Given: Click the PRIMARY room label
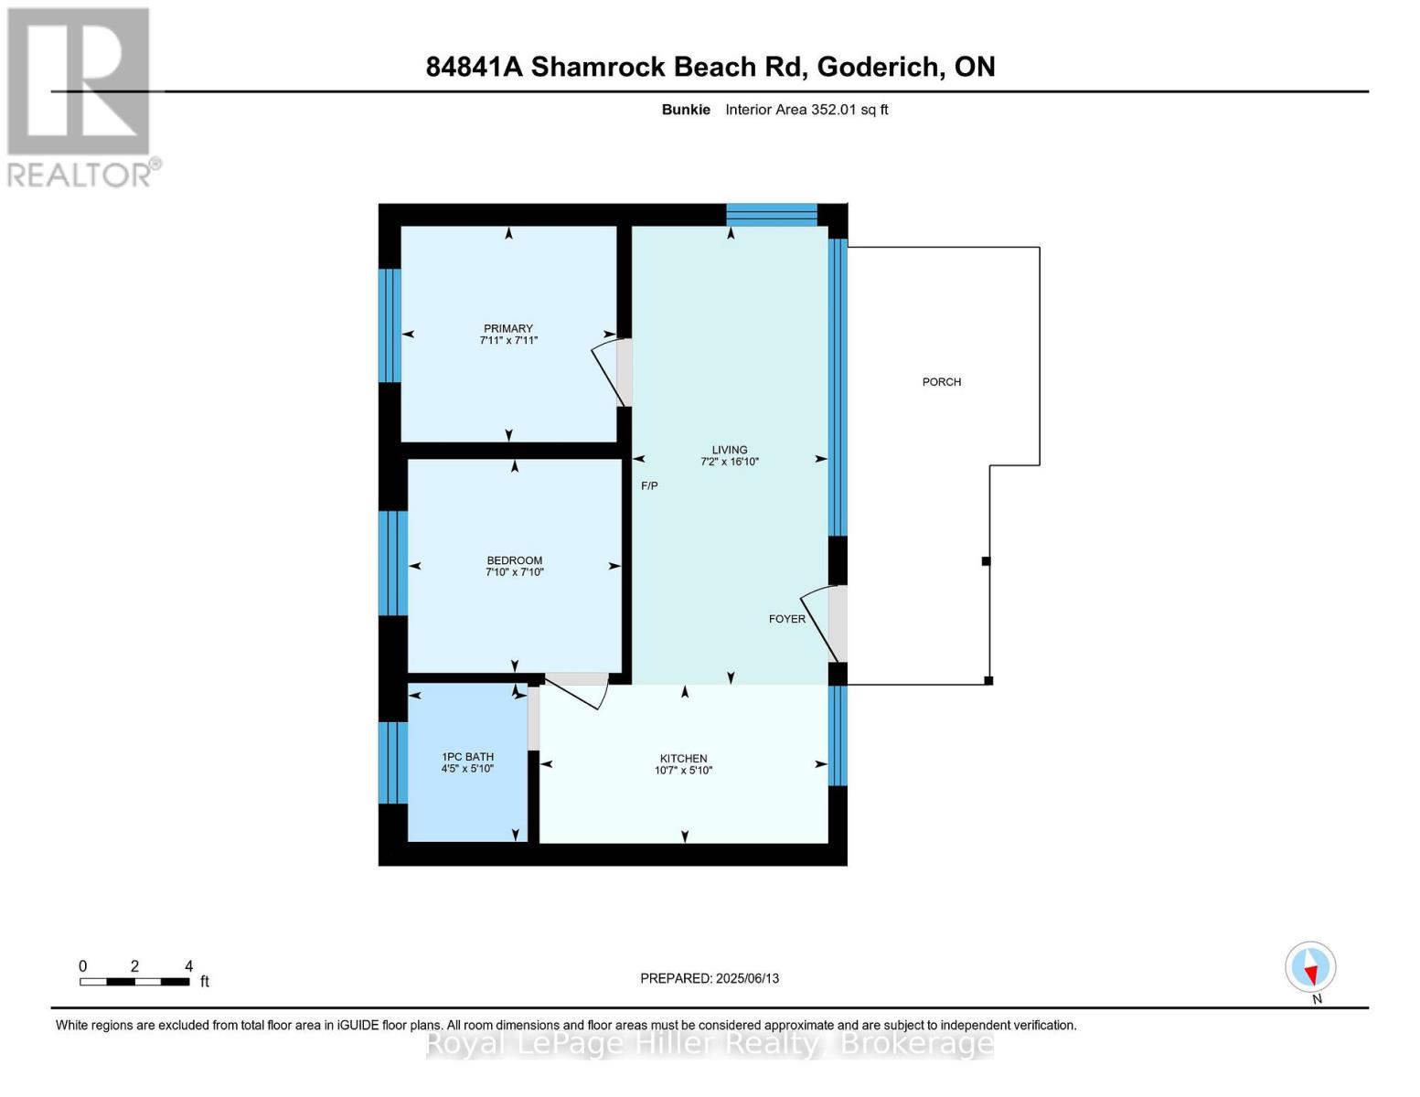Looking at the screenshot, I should (x=507, y=328).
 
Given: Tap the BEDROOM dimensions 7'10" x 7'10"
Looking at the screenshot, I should (x=514, y=572).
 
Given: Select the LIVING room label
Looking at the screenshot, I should (x=730, y=450).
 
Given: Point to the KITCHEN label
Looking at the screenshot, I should (x=683, y=758).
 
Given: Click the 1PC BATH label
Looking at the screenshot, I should (x=467, y=756).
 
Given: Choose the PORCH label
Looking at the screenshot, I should (x=941, y=382).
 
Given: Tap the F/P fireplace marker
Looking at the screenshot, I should (x=649, y=485).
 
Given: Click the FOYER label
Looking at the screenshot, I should (x=786, y=619).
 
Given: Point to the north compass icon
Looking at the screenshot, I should (x=1310, y=968).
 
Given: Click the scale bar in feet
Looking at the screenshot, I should (x=134, y=981).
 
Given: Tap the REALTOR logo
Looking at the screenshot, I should (x=80, y=96).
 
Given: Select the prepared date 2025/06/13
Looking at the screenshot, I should (x=709, y=978).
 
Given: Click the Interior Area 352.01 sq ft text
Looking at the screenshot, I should (x=806, y=110).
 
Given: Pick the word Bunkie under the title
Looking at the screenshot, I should (x=686, y=110).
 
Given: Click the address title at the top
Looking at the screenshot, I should (x=710, y=67).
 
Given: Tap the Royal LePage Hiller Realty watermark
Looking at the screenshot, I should (x=710, y=1043).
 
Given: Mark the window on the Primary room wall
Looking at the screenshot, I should (x=390, y=325).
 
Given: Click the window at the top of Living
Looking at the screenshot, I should (x=771, y=215).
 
